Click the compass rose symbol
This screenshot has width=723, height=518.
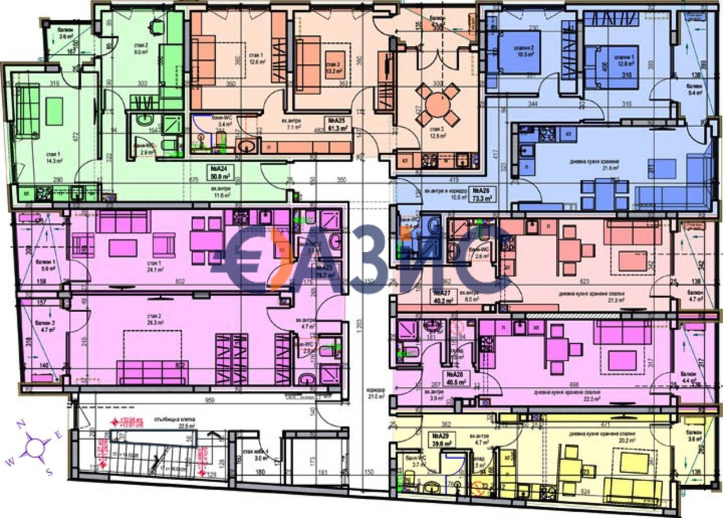point(36,446)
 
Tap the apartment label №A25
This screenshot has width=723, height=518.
point(338,120)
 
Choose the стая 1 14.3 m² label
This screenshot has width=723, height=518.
point(54,156)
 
